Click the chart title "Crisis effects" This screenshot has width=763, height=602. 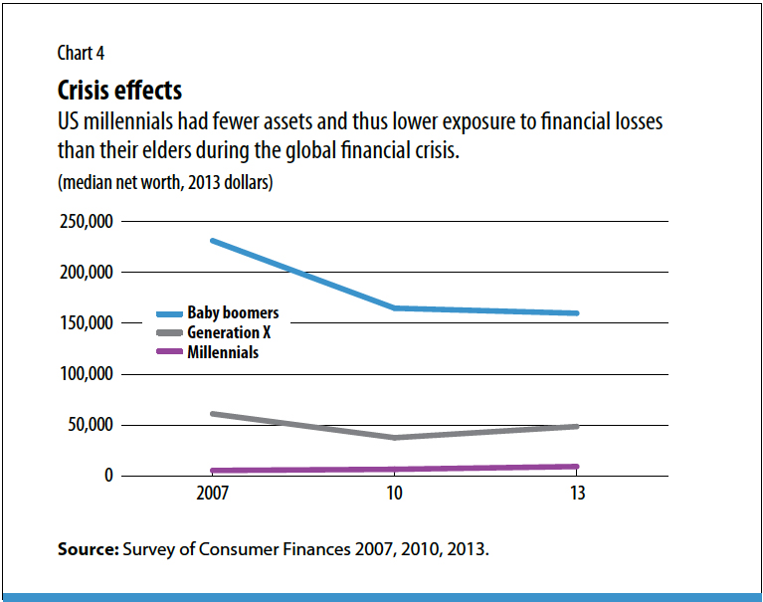pos(120,91)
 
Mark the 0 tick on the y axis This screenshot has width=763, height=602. pos(110,476)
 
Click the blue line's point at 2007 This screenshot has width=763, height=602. pos(213,241)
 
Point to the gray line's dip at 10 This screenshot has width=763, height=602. pos(394,437)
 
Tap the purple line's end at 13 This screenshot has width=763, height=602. pos(575,466)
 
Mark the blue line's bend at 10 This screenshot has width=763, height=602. pos(394,308)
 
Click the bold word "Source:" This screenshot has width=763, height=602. pos(88,548)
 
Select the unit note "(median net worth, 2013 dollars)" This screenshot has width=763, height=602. pos(164,183)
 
